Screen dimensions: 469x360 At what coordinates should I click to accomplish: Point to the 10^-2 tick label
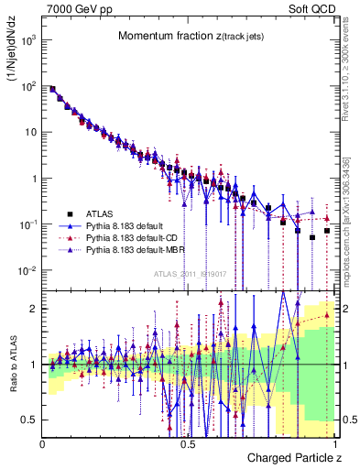click(29, 270)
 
